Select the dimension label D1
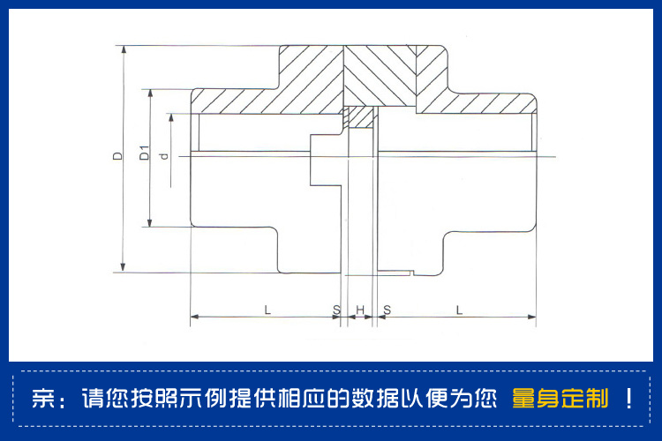(145, 153)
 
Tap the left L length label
(266, 310)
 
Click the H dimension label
(360, 310)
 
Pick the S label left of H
(335, 310)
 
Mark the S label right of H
(387, 310)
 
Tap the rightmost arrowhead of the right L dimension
(532, 316)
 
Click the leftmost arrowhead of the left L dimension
(194, 316)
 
